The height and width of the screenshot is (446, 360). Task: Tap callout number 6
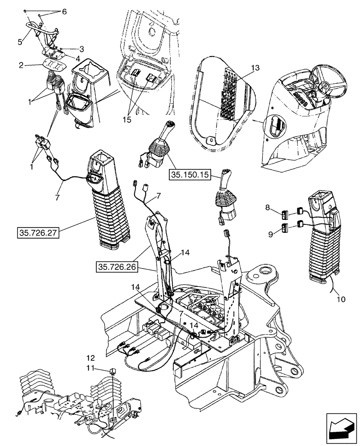click(x=64, y=11)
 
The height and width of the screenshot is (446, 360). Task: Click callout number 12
click(x=90, y=358)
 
